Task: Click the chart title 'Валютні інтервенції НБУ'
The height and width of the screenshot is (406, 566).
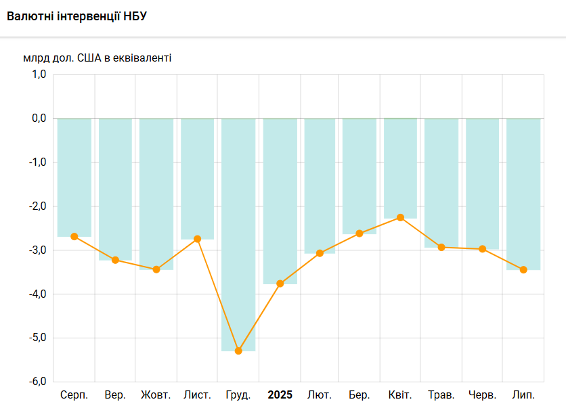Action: pyautogui.click(x=77, y=16)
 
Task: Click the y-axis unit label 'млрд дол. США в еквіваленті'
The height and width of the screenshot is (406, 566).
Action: pyautogui.click(x=97, y=58)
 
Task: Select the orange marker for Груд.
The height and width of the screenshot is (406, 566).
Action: pyautogui.click(x=238, y=351)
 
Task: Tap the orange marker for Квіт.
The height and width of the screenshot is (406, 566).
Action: pyautogui.click(x=400, y=217)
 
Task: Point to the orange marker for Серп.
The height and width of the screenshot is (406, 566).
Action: pyautogui.click(x=74, y=236)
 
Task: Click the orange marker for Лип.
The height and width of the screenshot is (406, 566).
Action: pyautogui.click(x=523, y=269)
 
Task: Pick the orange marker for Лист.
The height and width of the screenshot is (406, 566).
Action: pyautogui.click(x=197, y=239)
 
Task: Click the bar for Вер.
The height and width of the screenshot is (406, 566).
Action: pyautogui.click(x=115, y=189)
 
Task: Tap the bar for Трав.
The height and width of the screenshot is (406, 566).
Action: pyautogui.click(x=441, y=183)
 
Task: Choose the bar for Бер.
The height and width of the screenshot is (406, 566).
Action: pyautogui.click(x=360, y=176)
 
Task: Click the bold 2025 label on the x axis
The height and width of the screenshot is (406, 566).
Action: pyautogui.click(x=280, y=394)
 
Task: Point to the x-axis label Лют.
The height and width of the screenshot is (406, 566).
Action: pyautogui.click(x=319, y=394)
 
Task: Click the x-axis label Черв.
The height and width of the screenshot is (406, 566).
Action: pyautogui.click(x=482, y=394)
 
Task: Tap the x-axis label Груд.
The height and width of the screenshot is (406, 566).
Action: pyautogui.click(x=238, y=394)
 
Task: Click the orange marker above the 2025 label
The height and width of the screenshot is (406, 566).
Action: pyautogui.click(x=280, y=284)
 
